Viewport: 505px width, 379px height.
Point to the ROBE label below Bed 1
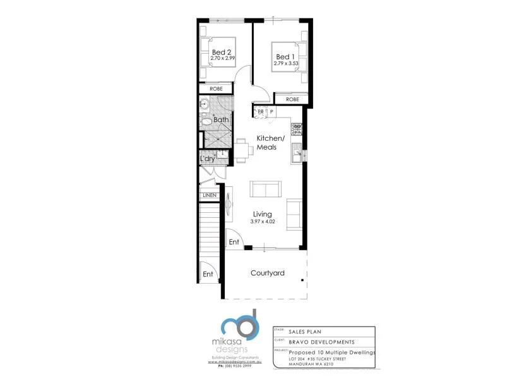tap(292, 99)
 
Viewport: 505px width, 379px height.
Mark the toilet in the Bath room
tap(206, 121)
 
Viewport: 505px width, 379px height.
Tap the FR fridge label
tap(259, 112)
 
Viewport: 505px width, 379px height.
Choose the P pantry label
tap(271, 112)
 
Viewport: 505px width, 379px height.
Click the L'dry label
tap(208, 159)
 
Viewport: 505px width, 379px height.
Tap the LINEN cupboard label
tap(210, 195)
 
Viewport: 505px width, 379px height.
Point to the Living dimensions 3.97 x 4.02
tap(263, 221)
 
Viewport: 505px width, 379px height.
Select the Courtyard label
tap(267, 274)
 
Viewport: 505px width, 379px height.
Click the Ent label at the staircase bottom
tap(208, 274)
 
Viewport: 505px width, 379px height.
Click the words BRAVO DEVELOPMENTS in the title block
tap(321, 342)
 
